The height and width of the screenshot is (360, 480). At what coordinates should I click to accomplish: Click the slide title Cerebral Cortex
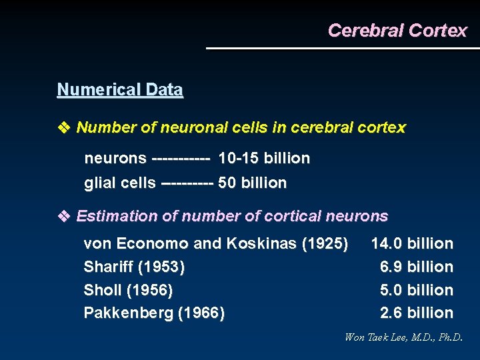tap(397, 31)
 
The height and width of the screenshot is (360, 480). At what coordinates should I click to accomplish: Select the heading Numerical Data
tap(120, 89)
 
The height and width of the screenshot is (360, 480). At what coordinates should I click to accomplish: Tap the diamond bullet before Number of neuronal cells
tap(64, 127)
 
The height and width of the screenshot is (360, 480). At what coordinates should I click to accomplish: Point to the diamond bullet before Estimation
tap(64, 216)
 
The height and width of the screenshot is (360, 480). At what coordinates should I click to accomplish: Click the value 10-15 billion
tap(264, 159)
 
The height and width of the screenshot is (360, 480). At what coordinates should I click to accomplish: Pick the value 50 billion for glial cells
tap(253, 183)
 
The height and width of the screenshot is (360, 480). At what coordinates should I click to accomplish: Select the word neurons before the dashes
tap(115, 159)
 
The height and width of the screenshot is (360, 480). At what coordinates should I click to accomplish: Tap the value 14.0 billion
tap(412, 244)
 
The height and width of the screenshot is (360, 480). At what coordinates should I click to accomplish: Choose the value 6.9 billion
tap(416, 267)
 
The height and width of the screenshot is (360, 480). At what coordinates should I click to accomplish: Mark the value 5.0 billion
tap(416, 290)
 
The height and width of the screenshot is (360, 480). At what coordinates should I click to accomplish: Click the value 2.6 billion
tap(416, 313)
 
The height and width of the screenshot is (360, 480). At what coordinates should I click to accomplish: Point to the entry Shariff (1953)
tap(134, 267)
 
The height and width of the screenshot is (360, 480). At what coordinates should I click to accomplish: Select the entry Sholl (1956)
tap(128, 290)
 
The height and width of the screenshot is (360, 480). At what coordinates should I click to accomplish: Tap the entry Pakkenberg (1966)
tap(154, 313)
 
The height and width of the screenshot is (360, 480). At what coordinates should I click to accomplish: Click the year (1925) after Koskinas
tap(325, 244)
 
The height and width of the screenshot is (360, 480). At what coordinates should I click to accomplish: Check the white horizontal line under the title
tap(342, 49)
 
